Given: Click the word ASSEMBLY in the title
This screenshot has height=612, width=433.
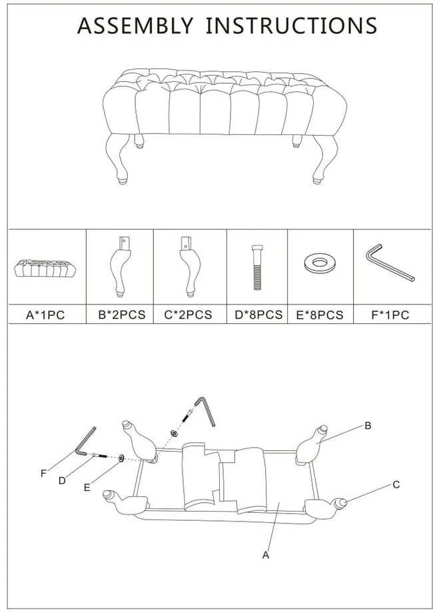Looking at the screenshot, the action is (135, 26).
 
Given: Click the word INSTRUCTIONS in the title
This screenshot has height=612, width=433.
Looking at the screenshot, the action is (292, 26).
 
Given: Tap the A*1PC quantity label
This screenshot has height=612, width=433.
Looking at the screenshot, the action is (45, 315).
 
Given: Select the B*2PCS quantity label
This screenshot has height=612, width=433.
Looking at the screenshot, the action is (121, 315).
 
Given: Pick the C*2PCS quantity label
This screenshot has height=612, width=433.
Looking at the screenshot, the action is (188, 315).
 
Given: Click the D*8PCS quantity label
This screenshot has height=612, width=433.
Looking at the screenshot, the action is (258, 315).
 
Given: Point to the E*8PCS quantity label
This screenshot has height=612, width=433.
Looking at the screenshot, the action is (320, 315).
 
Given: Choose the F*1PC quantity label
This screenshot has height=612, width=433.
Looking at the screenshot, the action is (390, 315).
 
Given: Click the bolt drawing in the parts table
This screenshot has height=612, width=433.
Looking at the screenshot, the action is (256, 267).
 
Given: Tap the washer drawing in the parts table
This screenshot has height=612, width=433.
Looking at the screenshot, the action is (319, 263).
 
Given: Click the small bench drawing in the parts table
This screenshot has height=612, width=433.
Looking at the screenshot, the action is (45, 267).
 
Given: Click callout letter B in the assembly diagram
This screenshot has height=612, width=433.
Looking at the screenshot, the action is (368, 426).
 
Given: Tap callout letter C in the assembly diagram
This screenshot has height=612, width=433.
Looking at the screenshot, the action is (396, 484).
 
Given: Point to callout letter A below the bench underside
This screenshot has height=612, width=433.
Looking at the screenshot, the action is (266, 555).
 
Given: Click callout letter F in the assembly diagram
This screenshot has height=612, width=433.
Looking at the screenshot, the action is (43, 474).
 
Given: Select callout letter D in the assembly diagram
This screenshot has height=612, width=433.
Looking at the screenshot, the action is (62, 481).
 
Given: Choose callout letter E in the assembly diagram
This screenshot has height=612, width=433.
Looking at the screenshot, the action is (87, 488).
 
